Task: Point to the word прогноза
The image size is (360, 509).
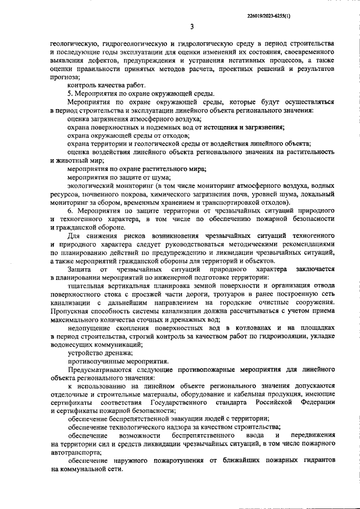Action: pos(64,76)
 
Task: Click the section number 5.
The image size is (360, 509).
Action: pos(69,93)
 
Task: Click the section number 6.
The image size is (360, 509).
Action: pos(69,210)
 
